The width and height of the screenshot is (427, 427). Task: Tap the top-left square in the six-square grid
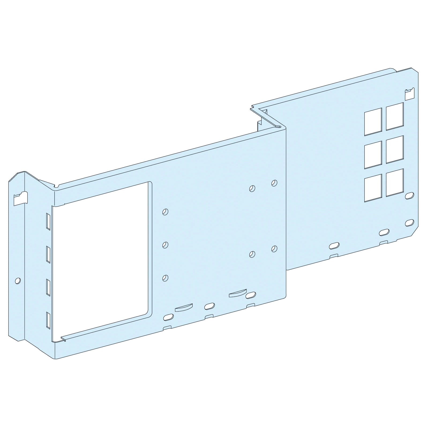(373, 122)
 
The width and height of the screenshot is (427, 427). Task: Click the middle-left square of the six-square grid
(373, 155)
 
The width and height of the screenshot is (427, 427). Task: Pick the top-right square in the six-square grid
(395, 116)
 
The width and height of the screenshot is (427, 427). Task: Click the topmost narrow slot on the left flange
(48, 221)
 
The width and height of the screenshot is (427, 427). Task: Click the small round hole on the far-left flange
(18, 281)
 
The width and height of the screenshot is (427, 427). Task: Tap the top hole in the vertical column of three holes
(165, 212)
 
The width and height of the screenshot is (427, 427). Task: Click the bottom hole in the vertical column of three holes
(165, 278)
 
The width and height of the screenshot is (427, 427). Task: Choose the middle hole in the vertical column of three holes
(165, 245)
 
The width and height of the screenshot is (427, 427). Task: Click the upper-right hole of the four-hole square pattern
(274, 183)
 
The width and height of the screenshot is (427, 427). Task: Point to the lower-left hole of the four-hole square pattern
(252, 254)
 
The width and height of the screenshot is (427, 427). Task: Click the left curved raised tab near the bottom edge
(183, 308)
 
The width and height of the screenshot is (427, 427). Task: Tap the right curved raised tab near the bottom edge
(238, 293)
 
